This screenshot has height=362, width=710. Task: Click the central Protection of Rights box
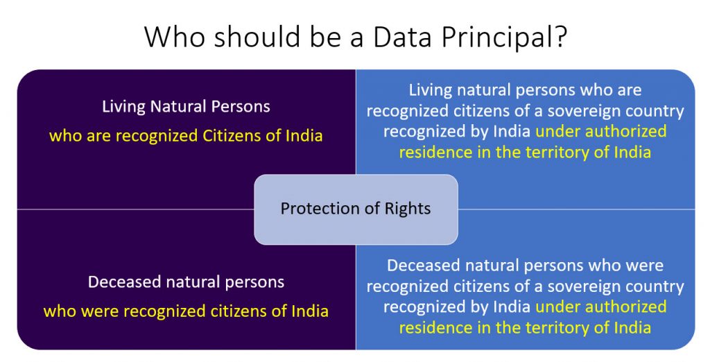coord(356,209)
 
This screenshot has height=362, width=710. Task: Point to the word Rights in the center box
coord(408,209)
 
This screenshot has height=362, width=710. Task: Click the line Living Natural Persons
coord(186,107)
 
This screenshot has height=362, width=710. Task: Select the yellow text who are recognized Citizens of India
coord(186,135)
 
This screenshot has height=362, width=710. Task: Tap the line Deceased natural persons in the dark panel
coord(186,282)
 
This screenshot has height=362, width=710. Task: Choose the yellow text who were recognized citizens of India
coord(186,311)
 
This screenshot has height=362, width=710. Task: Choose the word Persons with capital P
coord(241,107)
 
